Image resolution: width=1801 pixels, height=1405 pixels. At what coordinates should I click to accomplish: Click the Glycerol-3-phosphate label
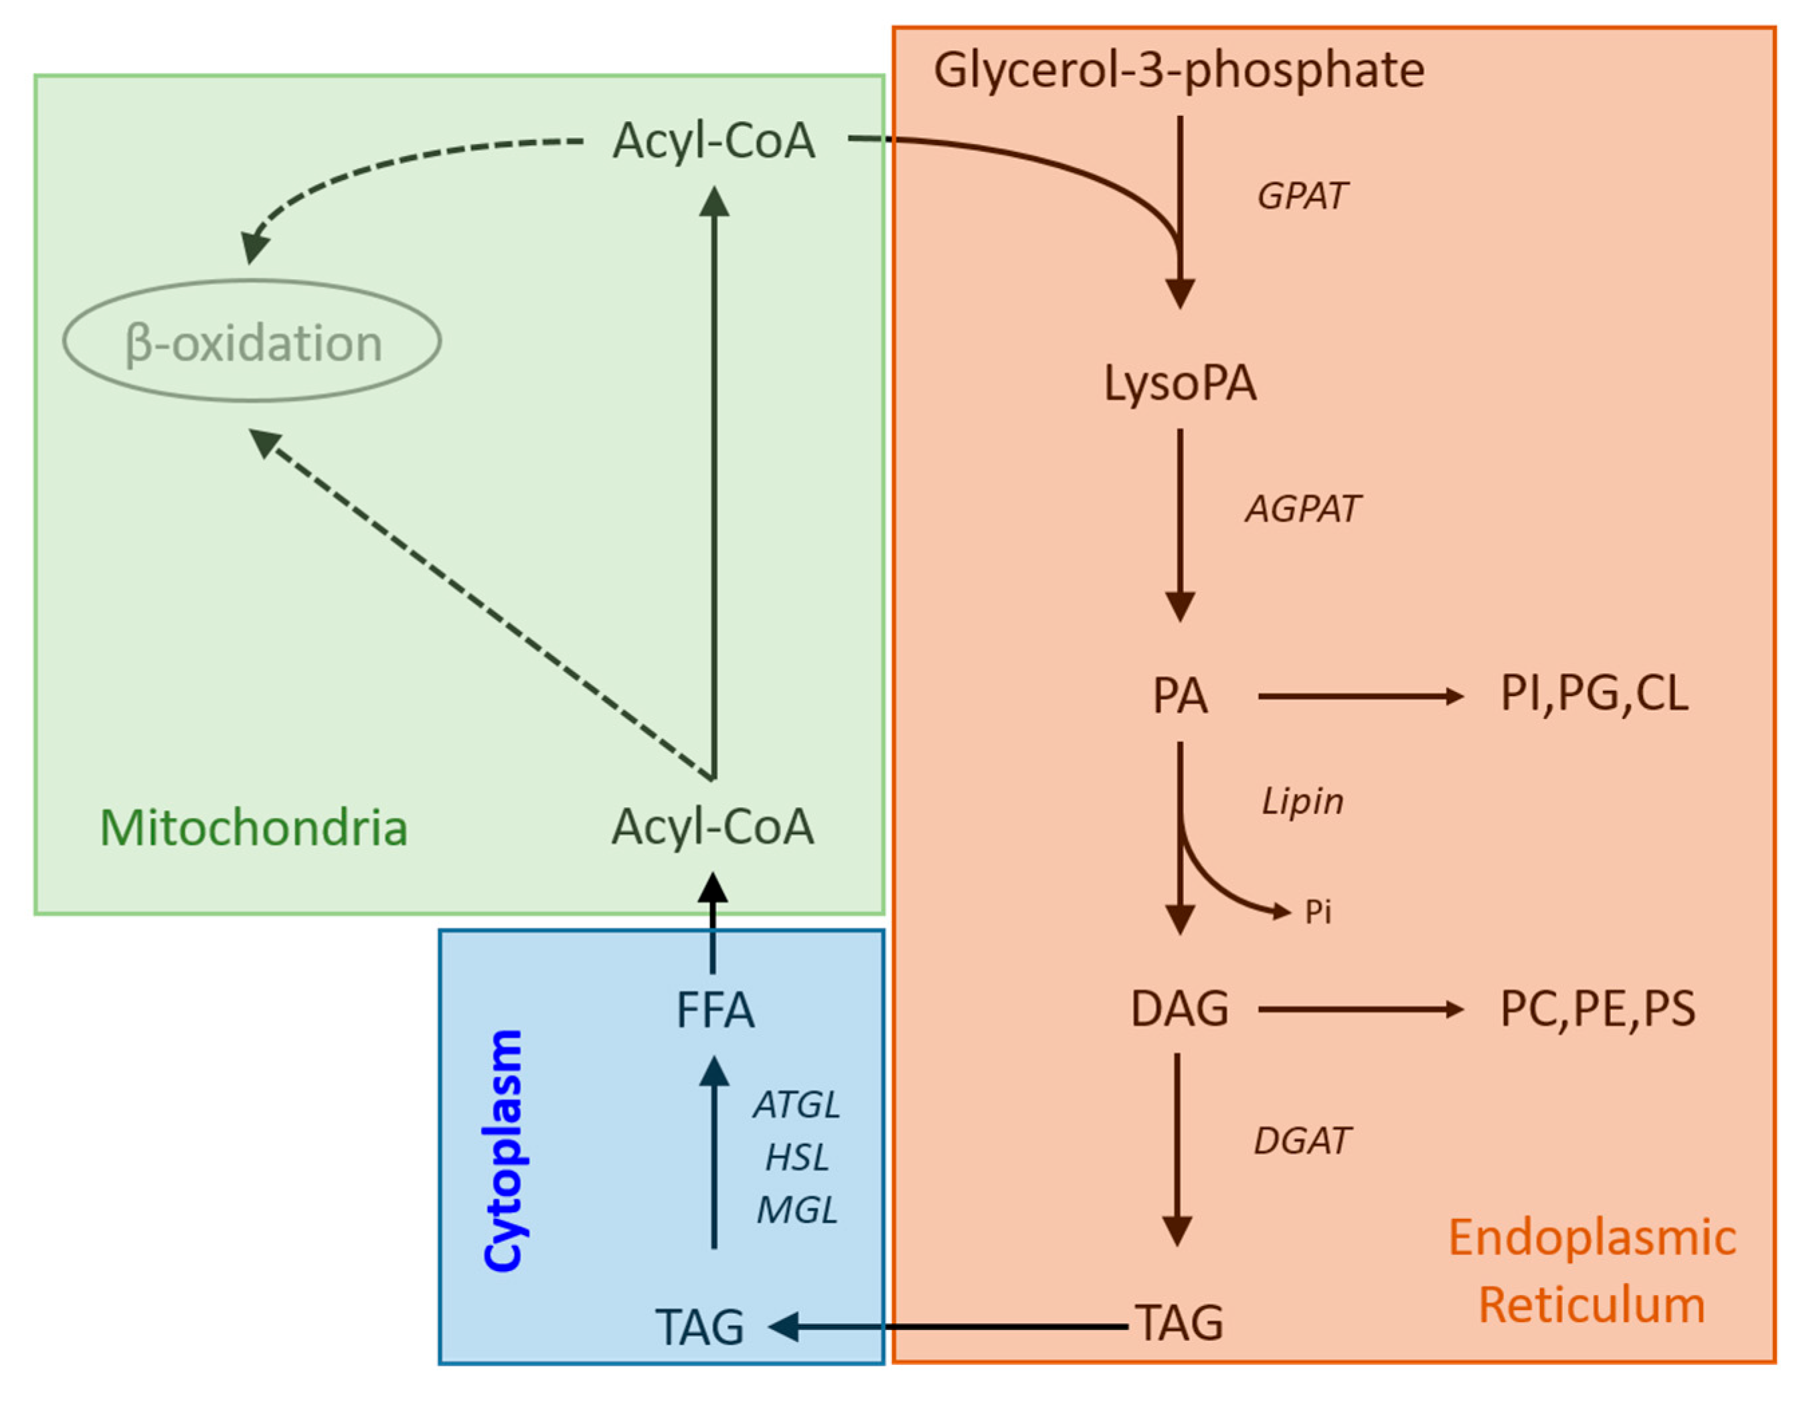(x=1179, y=71)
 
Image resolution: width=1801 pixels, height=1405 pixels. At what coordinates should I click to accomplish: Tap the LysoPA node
(x=1180, y=384)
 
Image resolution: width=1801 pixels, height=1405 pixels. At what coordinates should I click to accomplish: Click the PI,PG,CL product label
(x=1593, y=694)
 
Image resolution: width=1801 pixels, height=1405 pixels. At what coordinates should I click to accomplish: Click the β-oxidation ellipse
(x=252, y=341)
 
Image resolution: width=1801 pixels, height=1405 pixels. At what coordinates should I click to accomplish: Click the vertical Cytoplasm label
(x=503, y=1151)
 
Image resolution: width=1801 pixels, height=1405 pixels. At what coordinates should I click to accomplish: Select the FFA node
(x=714, y=1011)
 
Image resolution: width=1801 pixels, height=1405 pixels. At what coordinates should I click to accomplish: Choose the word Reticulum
(x=1591, y=1306)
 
